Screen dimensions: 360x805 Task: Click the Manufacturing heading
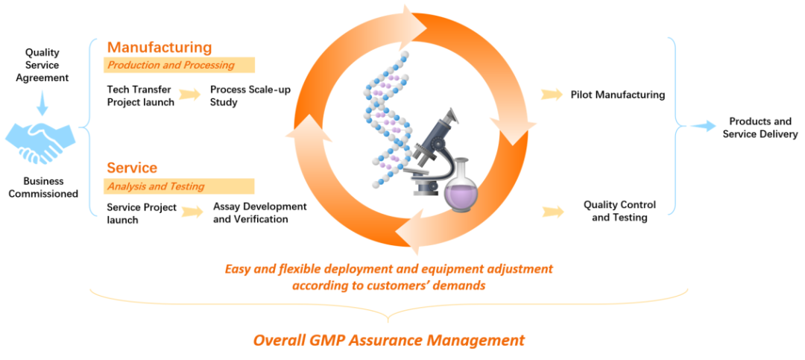[159, 47]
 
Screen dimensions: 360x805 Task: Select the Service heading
[132, 168]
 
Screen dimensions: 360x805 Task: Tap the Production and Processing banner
[179, 65]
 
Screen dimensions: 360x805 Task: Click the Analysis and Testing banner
[179, 186]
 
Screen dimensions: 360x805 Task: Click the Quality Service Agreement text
[42, 66]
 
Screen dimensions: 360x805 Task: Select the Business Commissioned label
[43, 187]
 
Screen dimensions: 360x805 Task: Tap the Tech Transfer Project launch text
[140, 96]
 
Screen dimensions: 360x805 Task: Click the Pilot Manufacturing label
[618, 95]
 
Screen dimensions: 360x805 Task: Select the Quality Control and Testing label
[619, 211]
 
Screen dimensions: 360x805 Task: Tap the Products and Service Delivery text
[760, 127]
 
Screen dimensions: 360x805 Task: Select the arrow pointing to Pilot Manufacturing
[552, 95]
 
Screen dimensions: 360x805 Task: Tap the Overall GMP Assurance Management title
[388, 341]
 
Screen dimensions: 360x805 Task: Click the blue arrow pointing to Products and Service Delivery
[701, 127]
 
